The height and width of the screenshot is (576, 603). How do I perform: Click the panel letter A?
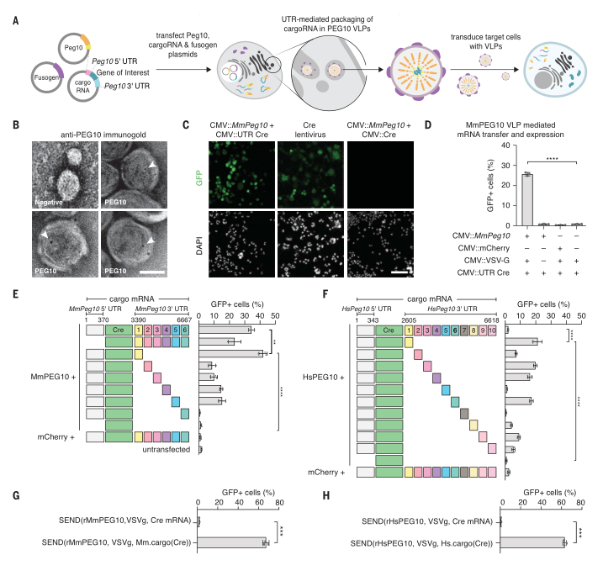click(16, 20)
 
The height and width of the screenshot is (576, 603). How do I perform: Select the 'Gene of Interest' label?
click(123, 72)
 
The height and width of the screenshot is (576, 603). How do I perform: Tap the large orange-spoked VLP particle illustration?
click(417, 71)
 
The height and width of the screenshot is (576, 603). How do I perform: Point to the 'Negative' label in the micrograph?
click(49, 203)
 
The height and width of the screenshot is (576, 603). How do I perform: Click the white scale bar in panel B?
click(152, 272)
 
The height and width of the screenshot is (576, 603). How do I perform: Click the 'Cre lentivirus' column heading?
click(309, 129)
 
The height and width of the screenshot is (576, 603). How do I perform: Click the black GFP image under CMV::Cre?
click(380, 175)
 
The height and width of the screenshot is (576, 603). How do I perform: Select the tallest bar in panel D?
click(526, 199)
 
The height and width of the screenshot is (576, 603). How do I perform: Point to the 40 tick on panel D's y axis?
click(505, 145)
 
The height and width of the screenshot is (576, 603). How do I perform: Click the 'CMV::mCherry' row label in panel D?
click(484, 248)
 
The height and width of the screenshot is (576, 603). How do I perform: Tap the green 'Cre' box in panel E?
click(119, 330)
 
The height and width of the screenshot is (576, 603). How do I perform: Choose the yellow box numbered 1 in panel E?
click(139, 330)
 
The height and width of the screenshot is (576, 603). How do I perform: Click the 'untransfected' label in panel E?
click(167, 449)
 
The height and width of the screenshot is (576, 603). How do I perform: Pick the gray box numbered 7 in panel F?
click(464, 330)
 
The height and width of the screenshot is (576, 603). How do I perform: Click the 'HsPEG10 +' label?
click(324, 378)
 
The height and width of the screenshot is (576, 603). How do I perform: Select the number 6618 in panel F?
click(491, 320)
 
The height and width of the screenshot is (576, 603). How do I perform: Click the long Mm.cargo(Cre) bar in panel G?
click(231, 542)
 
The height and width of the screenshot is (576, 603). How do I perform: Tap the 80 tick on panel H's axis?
click(580, 503)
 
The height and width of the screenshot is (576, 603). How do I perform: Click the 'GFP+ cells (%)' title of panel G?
click(248, 493)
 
